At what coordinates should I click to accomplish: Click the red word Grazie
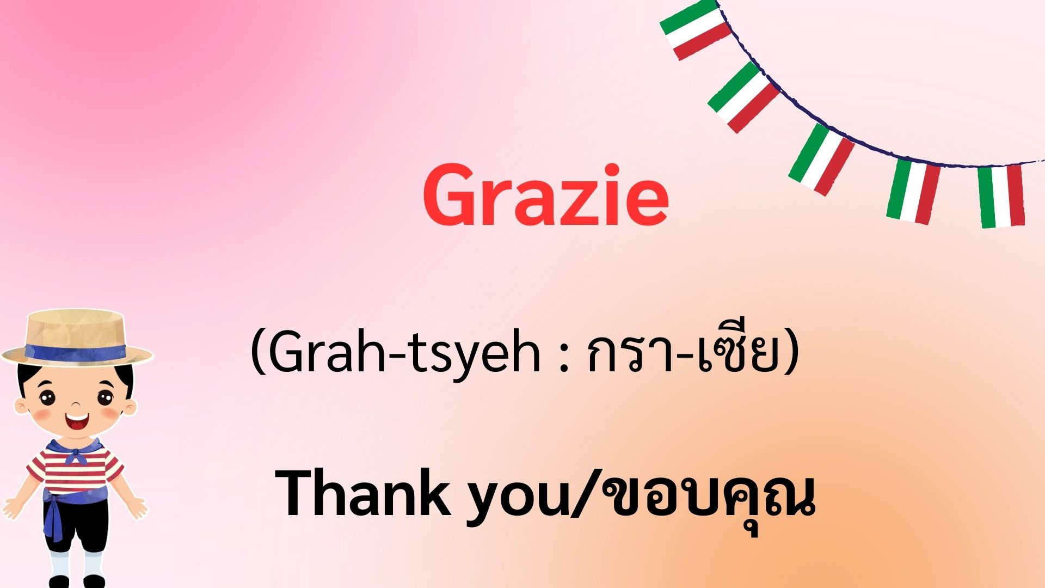546,196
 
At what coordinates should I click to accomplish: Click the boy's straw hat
77,338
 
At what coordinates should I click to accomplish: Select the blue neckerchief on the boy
76,450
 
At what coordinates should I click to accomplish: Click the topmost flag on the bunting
695,28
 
